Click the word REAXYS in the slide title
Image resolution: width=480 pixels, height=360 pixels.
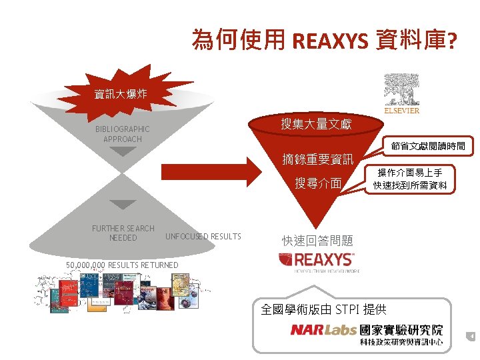point(329,41)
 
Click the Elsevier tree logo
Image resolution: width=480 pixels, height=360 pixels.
point(401,94)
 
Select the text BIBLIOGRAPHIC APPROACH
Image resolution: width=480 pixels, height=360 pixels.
point(123,134)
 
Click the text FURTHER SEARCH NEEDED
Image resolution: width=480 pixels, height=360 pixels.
point(123,233)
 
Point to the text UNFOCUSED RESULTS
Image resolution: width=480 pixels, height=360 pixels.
point(203,237)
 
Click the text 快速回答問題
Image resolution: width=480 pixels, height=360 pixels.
point(317,241)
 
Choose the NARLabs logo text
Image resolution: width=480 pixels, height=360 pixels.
point(323,330)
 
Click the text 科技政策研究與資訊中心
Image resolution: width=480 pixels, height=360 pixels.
point(401,342)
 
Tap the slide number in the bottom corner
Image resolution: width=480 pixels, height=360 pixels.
point(471,337)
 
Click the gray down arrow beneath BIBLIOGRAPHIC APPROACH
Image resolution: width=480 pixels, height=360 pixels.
point(123,151)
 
